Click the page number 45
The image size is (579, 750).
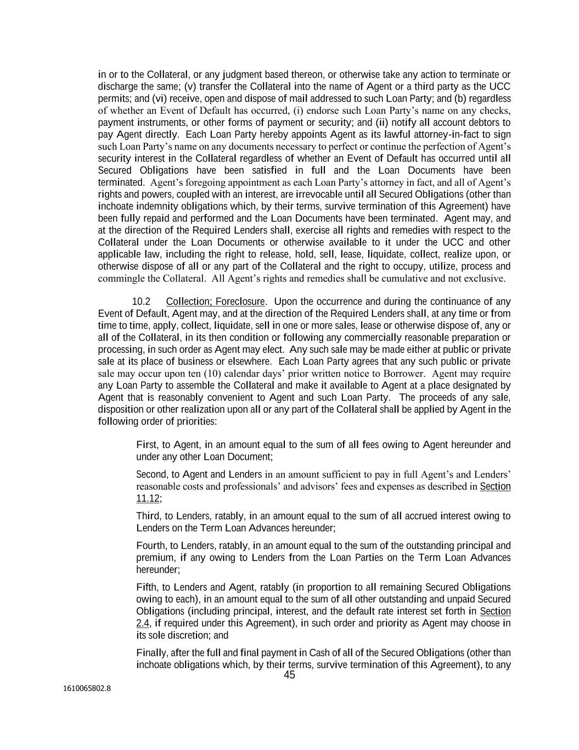289,675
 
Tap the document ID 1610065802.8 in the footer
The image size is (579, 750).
87,687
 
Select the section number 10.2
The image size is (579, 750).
141,302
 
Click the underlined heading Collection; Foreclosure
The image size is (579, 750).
215,302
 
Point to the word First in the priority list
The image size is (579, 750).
145,445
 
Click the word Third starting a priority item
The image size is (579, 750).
148,516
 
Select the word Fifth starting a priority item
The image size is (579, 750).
146,587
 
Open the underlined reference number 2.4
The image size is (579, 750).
142,623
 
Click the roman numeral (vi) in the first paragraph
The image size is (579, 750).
159,98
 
